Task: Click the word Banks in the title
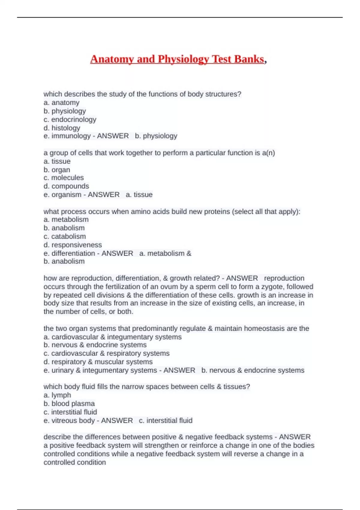(x=249, y=59)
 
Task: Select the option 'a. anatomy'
(x=61, y=103)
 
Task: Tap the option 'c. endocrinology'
(x=70, y=119)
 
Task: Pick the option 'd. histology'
(x=62, y=128)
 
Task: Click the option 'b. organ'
(x=57, y=169)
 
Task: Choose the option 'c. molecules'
(x=64, y=178)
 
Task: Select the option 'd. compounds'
(x=66, y=186)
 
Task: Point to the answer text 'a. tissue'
(x=139, y=195)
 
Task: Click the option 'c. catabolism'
(x=64, y=236)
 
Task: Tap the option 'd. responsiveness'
(x=73, y=245)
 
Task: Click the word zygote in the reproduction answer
(x=273, y=286)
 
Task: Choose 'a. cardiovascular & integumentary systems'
(x=112, y=337)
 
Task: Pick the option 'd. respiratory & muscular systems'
(x=98, y=362)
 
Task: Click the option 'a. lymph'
(x=57, y=395)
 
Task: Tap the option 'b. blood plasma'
(x=69, y=403)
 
